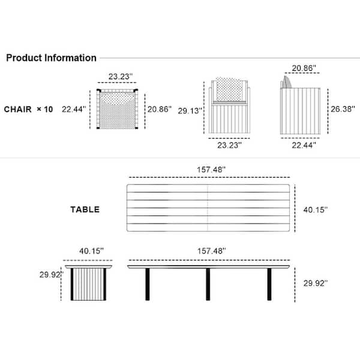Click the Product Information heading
pos(51,58)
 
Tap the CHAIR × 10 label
pos(28,109)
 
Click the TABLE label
pos(85,209)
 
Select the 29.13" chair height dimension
pos(190,111)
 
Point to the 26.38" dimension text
pos(343,109)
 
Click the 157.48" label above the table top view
pos(211,170)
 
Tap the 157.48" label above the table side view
pos(211,251)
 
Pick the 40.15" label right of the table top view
pos(316,209)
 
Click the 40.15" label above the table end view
pos(91,251)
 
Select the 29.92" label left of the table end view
pos(52,275)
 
